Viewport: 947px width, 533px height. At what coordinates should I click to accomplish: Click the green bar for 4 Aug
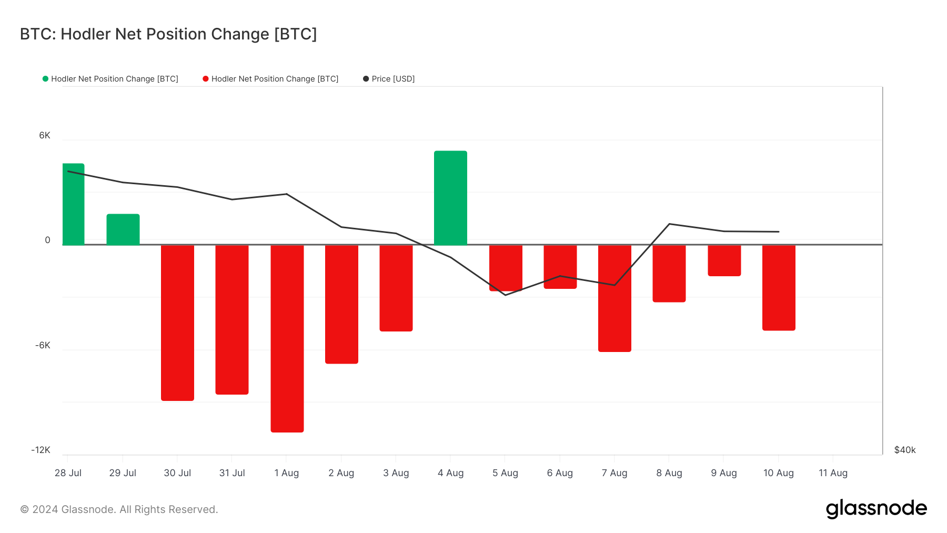click(450, 198)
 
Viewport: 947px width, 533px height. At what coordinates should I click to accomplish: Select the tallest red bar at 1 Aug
click(287, 338)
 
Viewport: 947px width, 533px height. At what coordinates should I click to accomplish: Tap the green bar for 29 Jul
click(123, 229)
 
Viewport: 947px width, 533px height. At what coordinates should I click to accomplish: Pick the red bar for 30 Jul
click(177, 323)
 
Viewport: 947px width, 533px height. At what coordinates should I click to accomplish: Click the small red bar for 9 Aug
click(724, 260)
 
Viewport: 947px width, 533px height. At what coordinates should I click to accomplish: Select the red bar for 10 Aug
click(779, 287)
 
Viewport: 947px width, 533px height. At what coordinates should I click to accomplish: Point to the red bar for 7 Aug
click(614, 298)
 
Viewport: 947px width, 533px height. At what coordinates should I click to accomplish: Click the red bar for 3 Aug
click(396, 288)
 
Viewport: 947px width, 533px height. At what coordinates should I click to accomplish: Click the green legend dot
click(45, 79)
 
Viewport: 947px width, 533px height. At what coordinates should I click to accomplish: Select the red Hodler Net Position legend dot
click(206, 79)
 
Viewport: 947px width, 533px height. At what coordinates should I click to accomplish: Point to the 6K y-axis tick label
click(45, 136)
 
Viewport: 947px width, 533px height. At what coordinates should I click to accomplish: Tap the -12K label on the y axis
click(41, 450)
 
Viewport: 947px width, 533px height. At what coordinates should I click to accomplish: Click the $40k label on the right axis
click(905, 450)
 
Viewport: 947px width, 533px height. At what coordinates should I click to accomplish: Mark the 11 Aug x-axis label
click(833, 473)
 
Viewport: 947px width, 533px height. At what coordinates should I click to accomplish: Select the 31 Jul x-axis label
click(232, 473)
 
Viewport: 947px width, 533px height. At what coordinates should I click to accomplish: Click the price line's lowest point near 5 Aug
click(506, 295)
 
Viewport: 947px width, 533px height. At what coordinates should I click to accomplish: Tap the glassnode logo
click(876, 509)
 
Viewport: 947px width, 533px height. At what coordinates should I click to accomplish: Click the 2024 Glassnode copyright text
click(119, 509)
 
